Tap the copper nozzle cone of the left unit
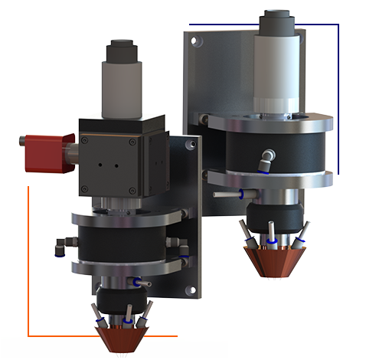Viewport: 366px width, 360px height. click(123, 333)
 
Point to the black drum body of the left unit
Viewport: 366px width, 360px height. click(123, 244)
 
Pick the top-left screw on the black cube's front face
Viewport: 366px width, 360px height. click(86, 141)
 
